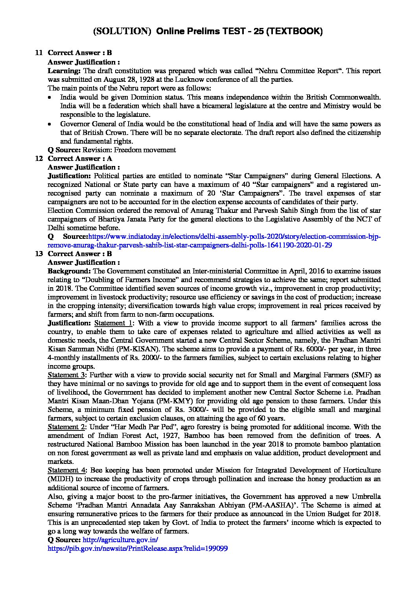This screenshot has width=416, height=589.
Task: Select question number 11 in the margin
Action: click(x=39, y=53)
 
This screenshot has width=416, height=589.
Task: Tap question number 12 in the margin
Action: click(x=39, y=159)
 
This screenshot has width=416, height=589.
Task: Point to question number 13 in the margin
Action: click(x=39, y=254)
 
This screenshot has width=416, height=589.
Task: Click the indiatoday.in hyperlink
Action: click(x=234, y=236)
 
